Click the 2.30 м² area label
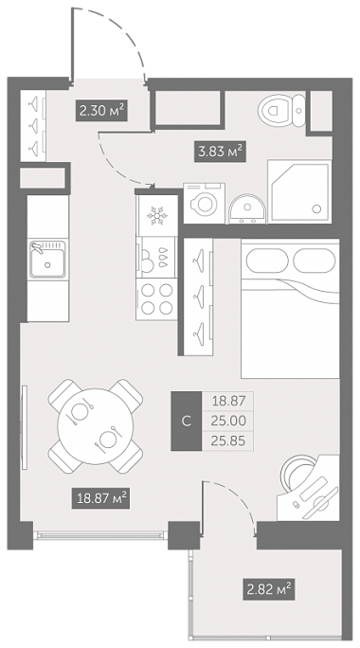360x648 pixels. point(101,111)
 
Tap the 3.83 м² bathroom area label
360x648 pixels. point(221,152)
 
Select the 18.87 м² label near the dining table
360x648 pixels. point(101,498)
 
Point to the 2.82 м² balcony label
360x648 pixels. point(269,589)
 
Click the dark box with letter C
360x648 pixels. point(187,421)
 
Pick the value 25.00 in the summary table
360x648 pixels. point(228,421)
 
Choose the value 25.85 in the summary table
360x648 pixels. point(228,441)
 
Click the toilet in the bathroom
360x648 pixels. point(281,110)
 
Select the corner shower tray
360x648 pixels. point(299,191)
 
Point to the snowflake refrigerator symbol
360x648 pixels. point(157,216)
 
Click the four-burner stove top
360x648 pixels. point(156,298)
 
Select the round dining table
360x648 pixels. point(96,426)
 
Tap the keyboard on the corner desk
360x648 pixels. point(314,489)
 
